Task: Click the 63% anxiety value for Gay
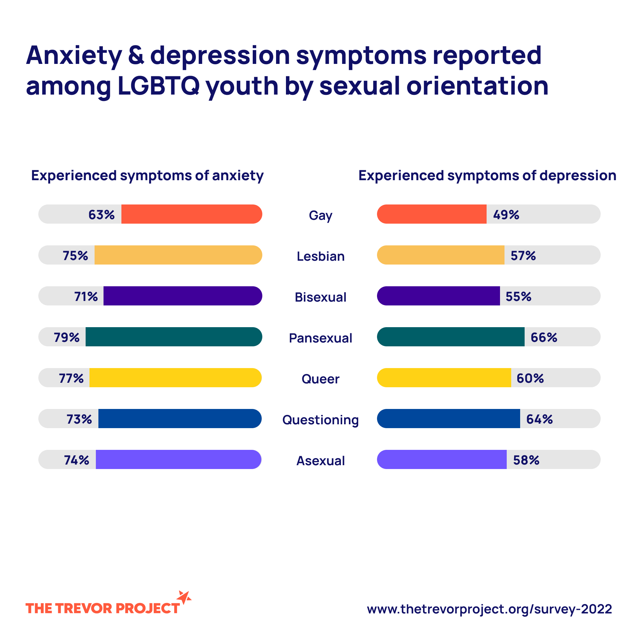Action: click(x=101, y=215)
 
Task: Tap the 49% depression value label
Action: click(x=506, y=215)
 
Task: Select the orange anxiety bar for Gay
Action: click(x=191, y=214)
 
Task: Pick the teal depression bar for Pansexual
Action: click(x=450, y=337)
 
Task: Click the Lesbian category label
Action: click(x=320, y=256)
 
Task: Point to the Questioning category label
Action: click(x=320, y=420)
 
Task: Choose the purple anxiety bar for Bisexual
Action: click(x=182, y=296)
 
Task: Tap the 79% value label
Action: click(x=66, y=337)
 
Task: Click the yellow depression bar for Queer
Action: click(x=444, y=378)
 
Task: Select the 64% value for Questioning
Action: click(x=539, y=419)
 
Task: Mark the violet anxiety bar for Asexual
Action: click(x=178, y=459)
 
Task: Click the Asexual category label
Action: click(x=320, y=461)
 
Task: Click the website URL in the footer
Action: click(x=489, y=609)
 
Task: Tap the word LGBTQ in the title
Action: click(x=158, y=86)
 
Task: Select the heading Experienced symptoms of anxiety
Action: click(x=147, y=176)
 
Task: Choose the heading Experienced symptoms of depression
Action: click(x=487, y=176)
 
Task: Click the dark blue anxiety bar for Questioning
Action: click(x=180, y=419)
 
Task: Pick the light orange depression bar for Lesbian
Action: click(x=441, y=255)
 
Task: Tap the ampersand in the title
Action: click(x=136, y=55)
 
